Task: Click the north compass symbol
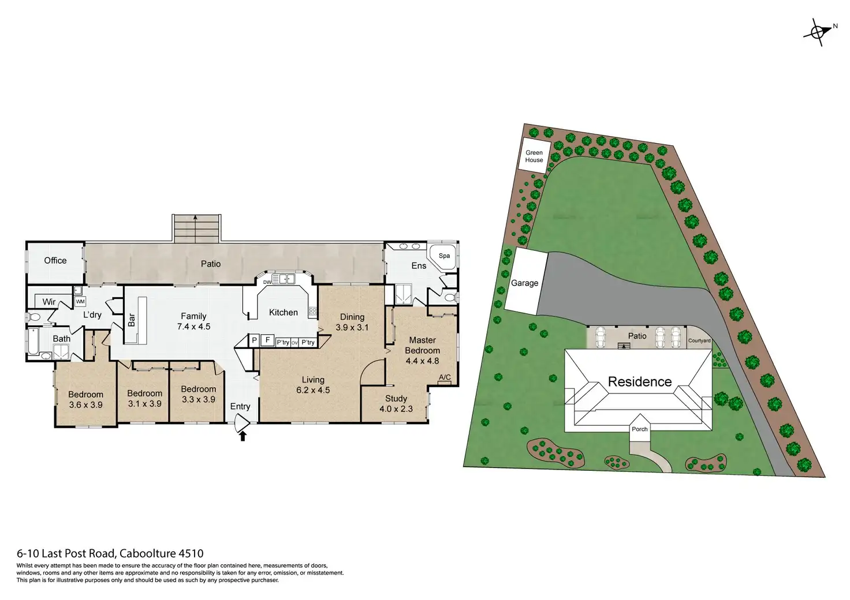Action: [818, 32]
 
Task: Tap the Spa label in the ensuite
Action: [444, 256]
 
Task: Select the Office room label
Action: [55, 261]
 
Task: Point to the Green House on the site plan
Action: [534, 156]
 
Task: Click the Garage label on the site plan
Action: [524, 283]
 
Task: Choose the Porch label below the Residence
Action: [639, 429]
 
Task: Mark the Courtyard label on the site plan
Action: [699, 341]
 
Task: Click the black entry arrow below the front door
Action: [243, 437]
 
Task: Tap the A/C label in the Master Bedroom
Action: [445, 378]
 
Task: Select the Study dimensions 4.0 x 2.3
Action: [396, 409]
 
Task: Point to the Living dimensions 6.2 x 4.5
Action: [313, 390]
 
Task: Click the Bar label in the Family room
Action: [132, 320]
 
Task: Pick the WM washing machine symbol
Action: [80, 302]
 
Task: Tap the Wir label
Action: [49, 302]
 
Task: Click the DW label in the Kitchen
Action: [267, 282]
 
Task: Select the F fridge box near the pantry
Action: [267, 340]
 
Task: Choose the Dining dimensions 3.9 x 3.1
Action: [352, 327]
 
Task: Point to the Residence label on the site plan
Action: [640, 382]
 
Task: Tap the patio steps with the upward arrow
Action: [196, 228]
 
